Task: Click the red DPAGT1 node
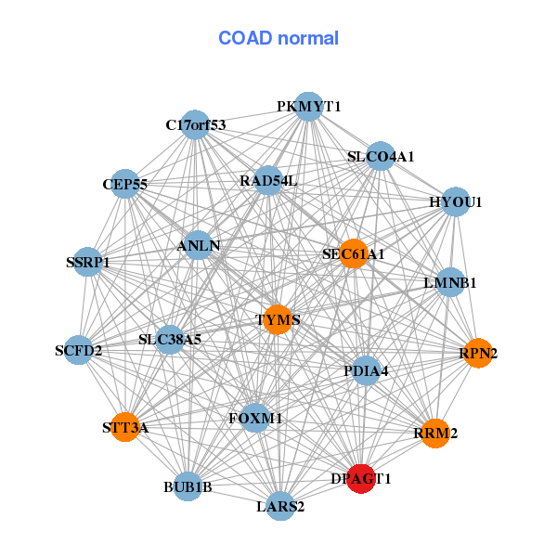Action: pyautogui.click(x=361, y=478)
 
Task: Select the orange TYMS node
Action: pyautogui.click(x=278, y=320)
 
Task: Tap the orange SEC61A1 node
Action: pyautogui.click(x=353, y=253)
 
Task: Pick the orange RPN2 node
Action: pyautogui.click(x=478, y=353)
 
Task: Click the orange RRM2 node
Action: pyautogui.click(x=434, y=433)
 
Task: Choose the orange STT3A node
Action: pyautogui.click(x=125, y=428)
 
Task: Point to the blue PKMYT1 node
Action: pyautogui.click(x=309, y=107)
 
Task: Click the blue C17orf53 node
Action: pyautogui.click(x=195, y=124)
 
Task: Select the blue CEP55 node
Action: pyautogui.click(x=125, y=184)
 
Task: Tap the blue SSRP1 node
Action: pyautogui.click(x=88, y=262)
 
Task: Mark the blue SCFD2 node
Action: pyautogui.click(x=79, y=350)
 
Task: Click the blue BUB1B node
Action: pyautogui.click(x=188, y=486)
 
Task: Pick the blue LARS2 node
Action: pyautogui.click(x=280, y=506)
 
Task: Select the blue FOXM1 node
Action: pyautogui.click(x=255, y=419)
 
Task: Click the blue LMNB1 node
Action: pyautogui.click(x=449, y=282)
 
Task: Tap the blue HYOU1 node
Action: pyautogui.click(x=455, y=201)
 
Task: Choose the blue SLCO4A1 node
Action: pyautogui.click(x=381, y=156)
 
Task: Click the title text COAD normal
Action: pyautogui.click(x=278, y=38)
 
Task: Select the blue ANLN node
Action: pyautogui.click(x=200, y=246)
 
